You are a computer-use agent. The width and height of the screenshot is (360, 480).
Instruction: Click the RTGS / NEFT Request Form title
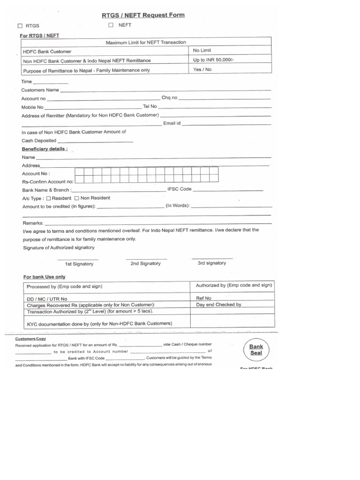[x=143, y=15]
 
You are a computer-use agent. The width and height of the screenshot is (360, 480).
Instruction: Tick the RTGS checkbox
[x=20, y=26]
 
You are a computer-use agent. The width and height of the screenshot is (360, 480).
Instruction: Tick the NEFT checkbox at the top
[x=111, y=25]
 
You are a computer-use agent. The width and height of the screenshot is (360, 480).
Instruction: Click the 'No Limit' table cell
[x=202, y=50]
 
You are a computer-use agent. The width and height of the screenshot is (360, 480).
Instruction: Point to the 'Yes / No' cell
[x=202, y=69]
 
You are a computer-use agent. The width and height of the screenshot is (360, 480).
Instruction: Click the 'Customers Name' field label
[x=40, y=90]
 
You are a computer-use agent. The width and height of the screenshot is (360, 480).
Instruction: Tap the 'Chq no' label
[x=169, y=98]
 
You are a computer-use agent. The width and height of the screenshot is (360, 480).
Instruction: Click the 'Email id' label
[x=172, y=123]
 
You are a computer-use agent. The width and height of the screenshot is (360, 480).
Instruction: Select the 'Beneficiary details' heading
[x=45, y=149]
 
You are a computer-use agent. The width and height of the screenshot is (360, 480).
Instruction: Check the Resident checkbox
[x=48, y=198]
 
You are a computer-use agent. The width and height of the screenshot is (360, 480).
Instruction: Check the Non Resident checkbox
[x=77, y=198]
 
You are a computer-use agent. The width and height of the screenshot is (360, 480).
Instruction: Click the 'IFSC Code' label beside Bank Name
[x=179, y=189]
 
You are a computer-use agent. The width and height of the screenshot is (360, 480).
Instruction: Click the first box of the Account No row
[x=80, y=173]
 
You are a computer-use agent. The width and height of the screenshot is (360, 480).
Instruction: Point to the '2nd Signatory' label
[x=145, y=263]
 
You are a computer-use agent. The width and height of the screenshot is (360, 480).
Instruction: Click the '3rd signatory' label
[x=211, y=263]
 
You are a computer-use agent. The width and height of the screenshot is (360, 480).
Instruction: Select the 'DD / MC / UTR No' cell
[x=47, y=299]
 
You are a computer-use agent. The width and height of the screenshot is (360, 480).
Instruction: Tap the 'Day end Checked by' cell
[x=218, y=305]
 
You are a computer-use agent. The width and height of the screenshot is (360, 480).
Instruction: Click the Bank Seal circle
[x=256, y=350]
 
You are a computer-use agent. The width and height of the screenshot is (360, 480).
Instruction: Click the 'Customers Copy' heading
[x=30, y=338]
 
